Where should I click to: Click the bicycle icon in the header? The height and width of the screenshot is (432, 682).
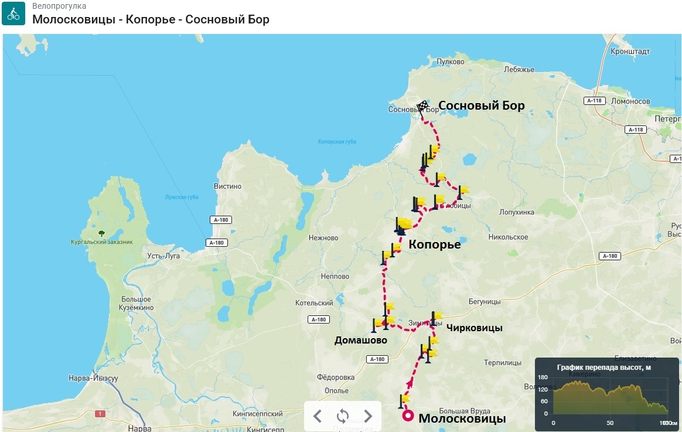point(13,13)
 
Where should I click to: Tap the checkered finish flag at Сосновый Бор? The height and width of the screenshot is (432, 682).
point(422,107)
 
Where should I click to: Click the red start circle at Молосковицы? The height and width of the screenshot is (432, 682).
point(408,416)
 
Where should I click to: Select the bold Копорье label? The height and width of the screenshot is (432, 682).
point(434,245)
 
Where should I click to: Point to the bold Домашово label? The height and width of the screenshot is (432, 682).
point(361,340)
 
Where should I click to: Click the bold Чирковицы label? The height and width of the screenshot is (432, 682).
point(474,328)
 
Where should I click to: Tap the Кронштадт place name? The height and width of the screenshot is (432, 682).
point(630,52)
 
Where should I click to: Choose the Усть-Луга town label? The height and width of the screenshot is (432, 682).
point(164,256)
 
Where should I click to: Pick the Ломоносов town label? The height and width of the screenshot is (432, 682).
point(630,101)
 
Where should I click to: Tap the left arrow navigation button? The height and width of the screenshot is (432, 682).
point(318,416)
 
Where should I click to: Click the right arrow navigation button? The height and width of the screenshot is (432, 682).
point(368,416)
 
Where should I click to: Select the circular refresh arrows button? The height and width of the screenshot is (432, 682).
point(343,416)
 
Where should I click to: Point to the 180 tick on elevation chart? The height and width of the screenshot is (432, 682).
point(543,377)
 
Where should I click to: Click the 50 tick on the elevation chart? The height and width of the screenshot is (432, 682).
point(610,423)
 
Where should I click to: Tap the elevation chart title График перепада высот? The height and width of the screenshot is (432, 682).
point(603,368)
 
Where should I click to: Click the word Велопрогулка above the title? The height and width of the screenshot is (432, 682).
point(59,6)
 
